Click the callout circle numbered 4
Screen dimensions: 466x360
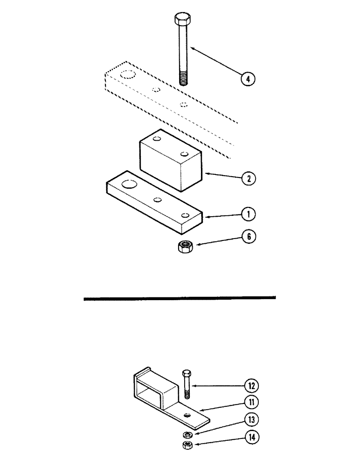pos(248,79)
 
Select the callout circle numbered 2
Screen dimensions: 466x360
pos(248,178)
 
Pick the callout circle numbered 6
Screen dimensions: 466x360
pos(248,237)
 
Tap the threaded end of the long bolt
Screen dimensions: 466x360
pos(183,78)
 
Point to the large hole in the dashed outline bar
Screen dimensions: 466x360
pos(126,75)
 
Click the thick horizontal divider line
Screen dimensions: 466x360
pos(180,298)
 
